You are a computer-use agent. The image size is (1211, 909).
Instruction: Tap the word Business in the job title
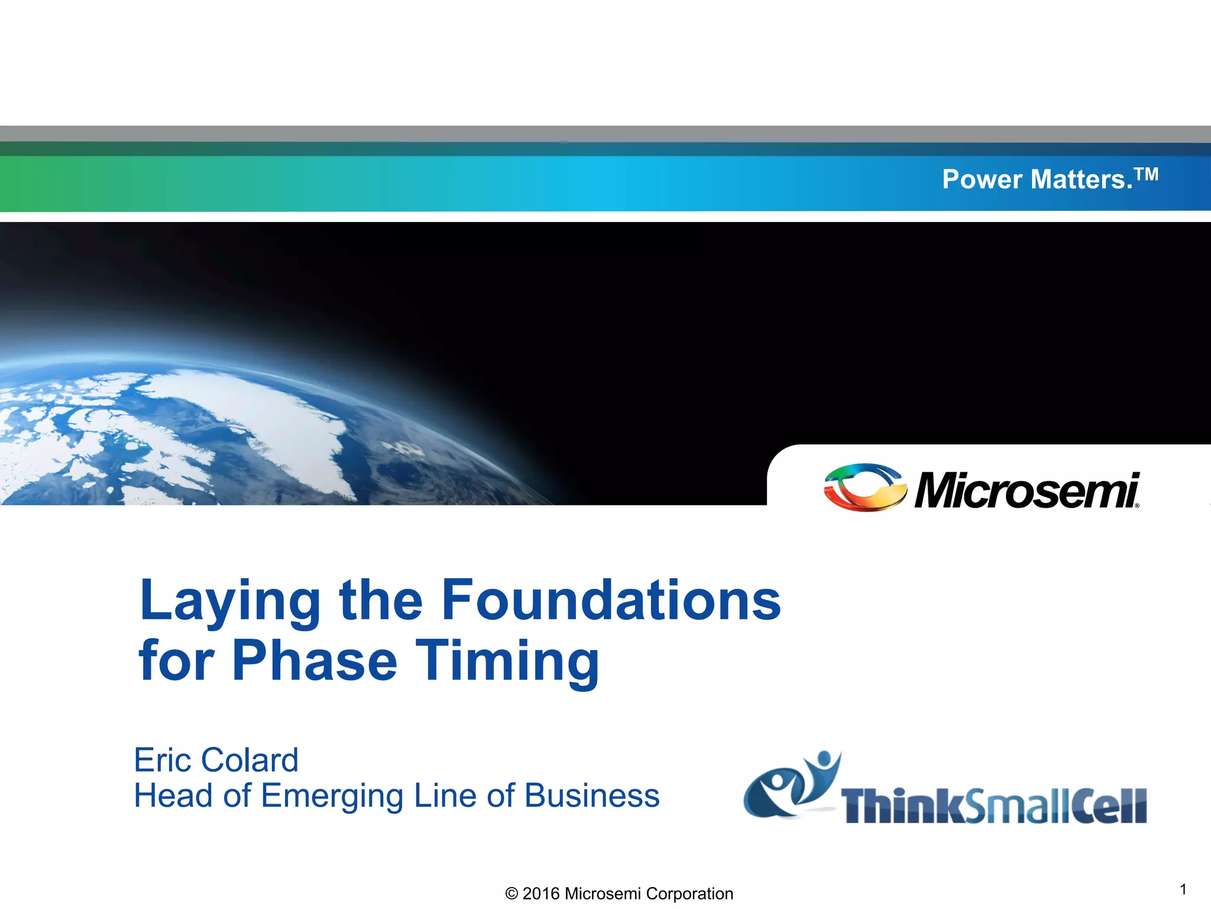(591, 795)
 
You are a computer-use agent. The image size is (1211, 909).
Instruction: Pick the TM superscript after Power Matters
(1146, 174)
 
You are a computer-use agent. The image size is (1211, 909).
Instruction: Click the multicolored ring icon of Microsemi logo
(864, 488)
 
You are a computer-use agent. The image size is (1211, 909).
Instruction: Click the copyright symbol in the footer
(511, 894)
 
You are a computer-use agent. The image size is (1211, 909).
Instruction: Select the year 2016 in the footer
(540, 894)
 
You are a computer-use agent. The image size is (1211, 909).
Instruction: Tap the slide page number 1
(1183, 889)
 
